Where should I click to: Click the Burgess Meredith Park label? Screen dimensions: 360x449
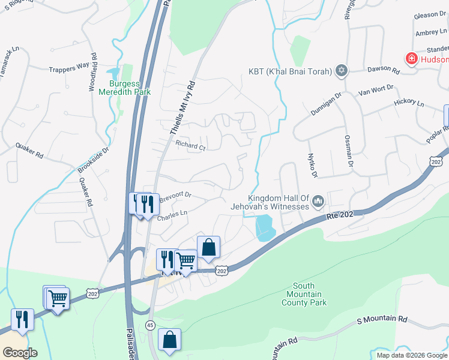(129, 88)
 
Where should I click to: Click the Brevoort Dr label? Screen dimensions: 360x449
(174, 195)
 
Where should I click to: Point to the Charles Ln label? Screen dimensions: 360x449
(172, 214)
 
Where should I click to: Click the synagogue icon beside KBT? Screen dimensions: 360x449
(342, 71)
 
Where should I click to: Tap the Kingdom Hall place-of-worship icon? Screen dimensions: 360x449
(318, 202)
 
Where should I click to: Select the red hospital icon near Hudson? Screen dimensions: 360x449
(412, 59)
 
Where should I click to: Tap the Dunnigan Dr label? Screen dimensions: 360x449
(325, 103)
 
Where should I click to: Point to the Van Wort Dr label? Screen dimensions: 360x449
(375, 90)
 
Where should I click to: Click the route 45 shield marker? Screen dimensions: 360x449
(149, 325)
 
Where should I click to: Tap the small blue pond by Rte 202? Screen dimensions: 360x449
(265, 228)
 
